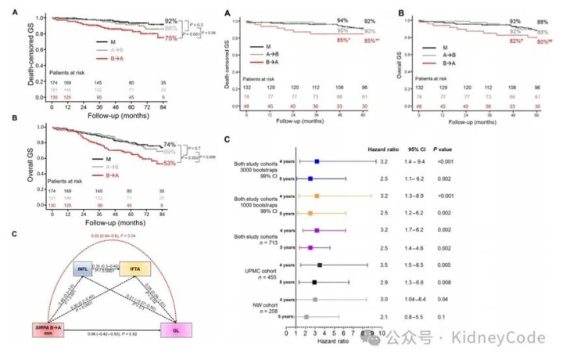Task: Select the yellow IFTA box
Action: tap(135, 270)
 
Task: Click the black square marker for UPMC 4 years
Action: tap(320, 265)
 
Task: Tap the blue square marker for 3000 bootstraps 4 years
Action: tap(317, 162)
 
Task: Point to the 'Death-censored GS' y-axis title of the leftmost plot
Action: tap(10, 55)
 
